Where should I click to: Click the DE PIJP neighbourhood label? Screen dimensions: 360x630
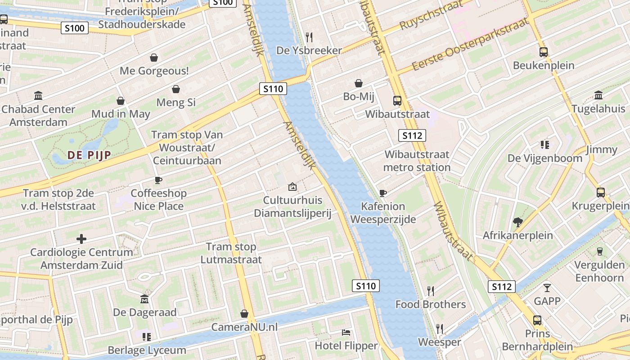coord(89,155)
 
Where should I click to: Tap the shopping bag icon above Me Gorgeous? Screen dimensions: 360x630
coord(154,58)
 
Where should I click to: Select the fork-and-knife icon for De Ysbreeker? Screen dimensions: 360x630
coord(309,37)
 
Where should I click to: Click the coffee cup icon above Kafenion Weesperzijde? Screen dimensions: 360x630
coord(382,193)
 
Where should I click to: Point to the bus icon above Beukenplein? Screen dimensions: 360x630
coord(544,52)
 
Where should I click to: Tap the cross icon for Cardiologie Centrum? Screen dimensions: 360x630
coord(81,238)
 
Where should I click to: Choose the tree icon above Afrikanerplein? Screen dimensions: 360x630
coord(517,221)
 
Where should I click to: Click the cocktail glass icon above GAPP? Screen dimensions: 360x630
coord(547,288)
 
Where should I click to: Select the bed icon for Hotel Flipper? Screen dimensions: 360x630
coord(346,333)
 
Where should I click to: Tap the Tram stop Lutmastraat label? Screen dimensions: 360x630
coord(231,253)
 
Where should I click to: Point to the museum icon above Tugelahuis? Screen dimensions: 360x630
coord(598,95)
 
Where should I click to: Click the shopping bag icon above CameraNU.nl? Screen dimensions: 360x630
coord(244,313)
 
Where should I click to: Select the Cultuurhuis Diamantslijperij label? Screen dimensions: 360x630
coord(292,207)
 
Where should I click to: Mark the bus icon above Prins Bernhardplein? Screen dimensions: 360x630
coord(537,320)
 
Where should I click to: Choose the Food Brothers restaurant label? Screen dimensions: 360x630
coord(431,304)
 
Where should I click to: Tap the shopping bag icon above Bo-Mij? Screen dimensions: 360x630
coord(359,83)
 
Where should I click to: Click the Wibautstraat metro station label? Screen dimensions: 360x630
coord(417,161)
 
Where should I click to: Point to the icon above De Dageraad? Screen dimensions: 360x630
coord(144,299)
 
